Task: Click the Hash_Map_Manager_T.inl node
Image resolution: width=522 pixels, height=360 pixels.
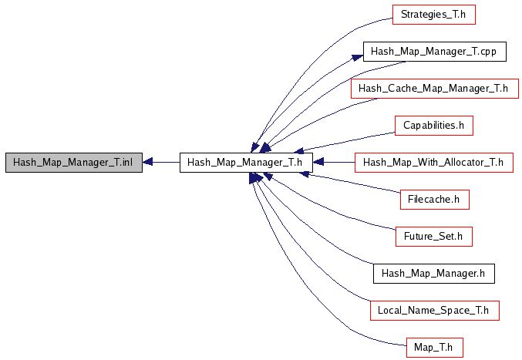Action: [73, 163]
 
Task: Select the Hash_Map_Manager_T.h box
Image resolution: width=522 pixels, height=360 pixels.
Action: [246, 163]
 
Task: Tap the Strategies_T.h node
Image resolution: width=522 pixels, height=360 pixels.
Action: [433, 15]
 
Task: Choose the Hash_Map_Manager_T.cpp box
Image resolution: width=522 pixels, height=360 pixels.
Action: [434, 52]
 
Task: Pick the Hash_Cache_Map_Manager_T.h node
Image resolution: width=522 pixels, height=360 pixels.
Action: [433, 89]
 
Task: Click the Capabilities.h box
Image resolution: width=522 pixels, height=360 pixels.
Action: [433, 126]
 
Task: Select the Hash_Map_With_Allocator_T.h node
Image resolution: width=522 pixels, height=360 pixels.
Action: [433, 163]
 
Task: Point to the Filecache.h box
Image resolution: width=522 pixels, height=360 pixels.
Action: [434, 200]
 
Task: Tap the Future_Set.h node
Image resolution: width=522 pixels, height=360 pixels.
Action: [433, 237]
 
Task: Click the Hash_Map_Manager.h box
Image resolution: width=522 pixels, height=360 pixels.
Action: [433, 274]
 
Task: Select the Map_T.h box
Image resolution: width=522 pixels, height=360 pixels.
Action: [433, 348]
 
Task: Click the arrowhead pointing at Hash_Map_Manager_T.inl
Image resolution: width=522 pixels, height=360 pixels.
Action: [150, 163]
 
